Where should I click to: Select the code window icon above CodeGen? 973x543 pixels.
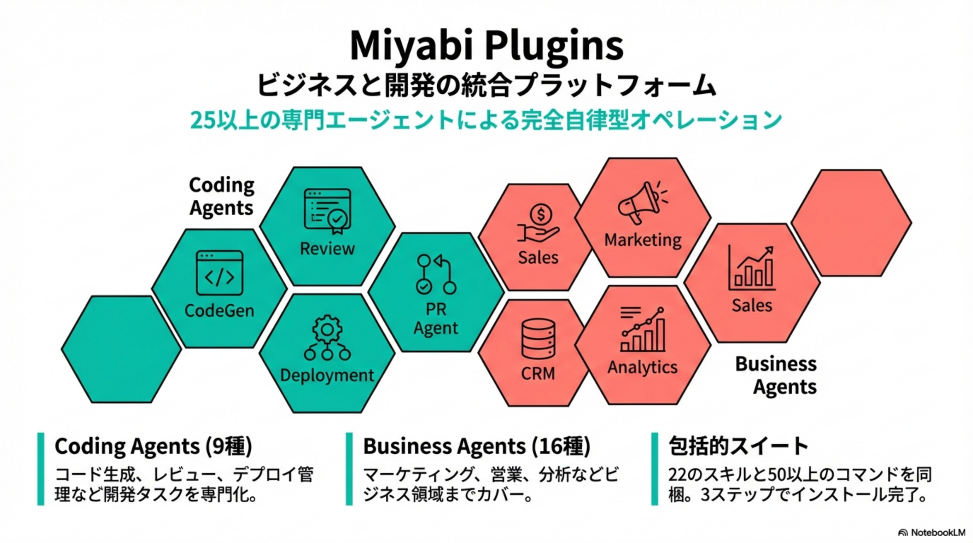pos(220,272)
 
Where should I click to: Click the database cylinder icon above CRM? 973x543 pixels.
pos(538,339)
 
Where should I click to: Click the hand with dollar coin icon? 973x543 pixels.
pos(538,223)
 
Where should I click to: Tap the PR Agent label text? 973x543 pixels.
pos(436,318)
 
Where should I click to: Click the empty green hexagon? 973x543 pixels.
pos(121,349)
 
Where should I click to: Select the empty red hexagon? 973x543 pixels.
pos(851,223)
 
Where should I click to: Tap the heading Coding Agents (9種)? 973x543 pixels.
pos(153,446)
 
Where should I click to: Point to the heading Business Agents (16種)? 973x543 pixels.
pos(476,446)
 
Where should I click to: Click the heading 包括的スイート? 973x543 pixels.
pos(738,446)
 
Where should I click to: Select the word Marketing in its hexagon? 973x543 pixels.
pos(643,240)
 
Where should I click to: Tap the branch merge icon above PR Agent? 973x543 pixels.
pos(436,274)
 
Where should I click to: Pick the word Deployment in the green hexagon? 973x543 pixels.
pos(327,375)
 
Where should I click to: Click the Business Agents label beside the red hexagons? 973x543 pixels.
pos(776,375)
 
